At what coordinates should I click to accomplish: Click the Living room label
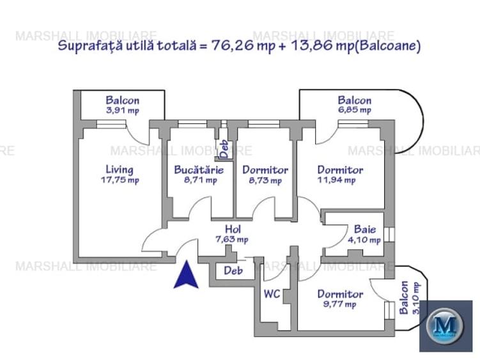pos(120,169)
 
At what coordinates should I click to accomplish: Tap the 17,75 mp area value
pos(120,180)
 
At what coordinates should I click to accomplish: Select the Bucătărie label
pos(199,170)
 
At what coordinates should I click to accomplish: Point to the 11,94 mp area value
pos(336,180)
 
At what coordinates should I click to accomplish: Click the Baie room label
pos(364,230)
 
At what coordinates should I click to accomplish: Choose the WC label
pos(272,294)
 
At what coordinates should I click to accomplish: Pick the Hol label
pos(232,229)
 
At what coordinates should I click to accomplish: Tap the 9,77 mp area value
pos(339,304)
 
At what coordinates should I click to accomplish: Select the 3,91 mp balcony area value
pos(122,110)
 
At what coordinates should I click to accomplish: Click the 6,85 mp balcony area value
pos(354,110)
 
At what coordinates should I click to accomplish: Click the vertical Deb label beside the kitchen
pos(224,149)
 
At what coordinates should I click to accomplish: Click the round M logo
pos(445,325)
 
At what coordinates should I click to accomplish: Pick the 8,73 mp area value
pos(265,180)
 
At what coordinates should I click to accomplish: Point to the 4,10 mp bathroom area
pos(364,240)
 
